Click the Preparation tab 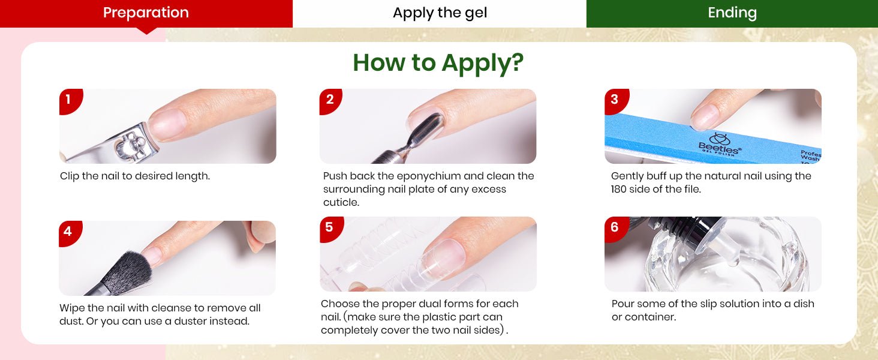click(x=146, y=13)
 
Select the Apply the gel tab click(x=440, y=13)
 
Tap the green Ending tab click(x=732, y=13)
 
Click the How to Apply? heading click(x=438, y=62)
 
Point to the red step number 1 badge click(x=70, y=100)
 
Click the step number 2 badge click(x=330, y=100)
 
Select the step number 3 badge click(x=615, y=100)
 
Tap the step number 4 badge click(x=69, y=232)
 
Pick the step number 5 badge click(x=330, y=229)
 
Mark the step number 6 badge click(x=615, y=229)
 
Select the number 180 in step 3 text click(x=619, y=190)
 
